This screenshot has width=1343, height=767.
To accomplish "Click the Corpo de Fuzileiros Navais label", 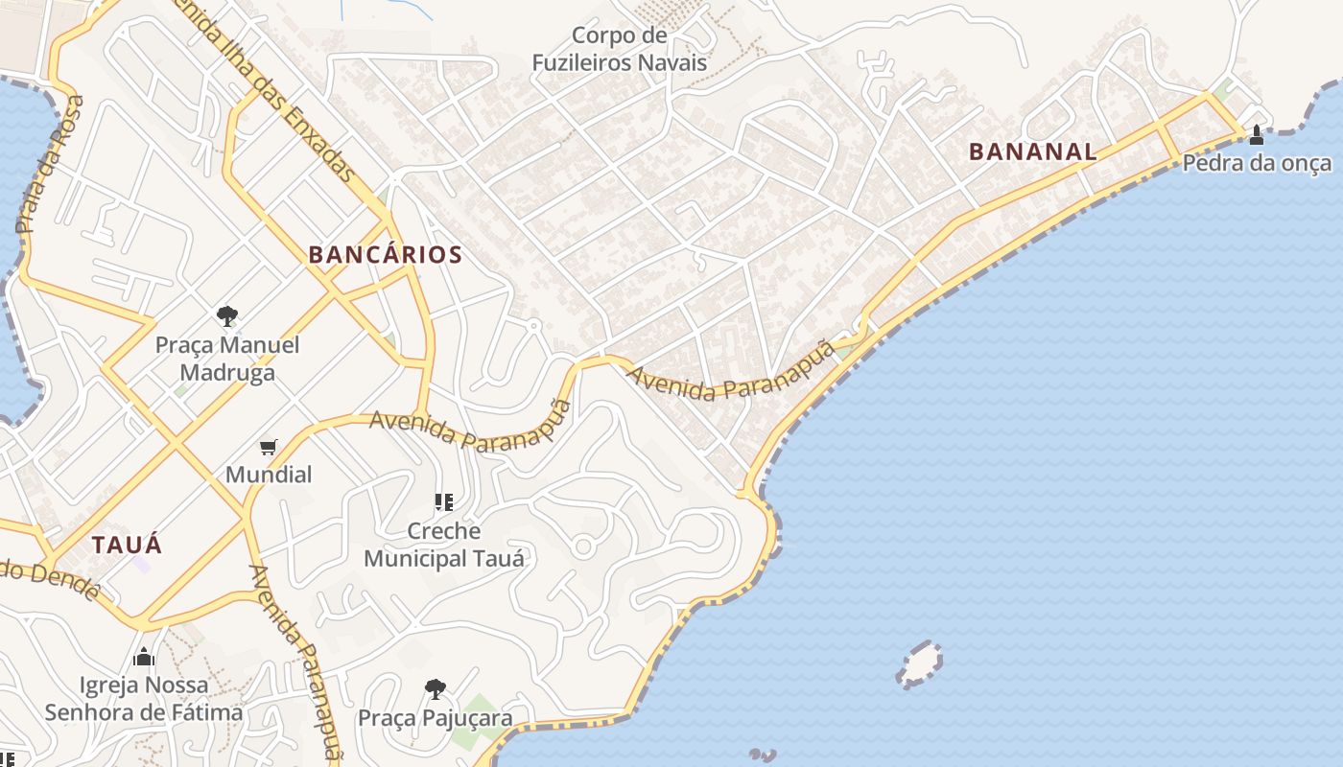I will tap(620, 50).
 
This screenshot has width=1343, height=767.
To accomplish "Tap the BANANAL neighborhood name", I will tap(1032, 151).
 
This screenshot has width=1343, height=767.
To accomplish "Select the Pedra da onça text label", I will tap(1257, 163).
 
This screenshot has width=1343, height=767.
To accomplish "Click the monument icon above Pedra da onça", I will tap(1257, 134).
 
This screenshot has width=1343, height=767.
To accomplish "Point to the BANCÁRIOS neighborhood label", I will tap(385, 255).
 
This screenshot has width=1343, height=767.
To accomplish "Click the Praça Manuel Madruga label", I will tap(227, 359).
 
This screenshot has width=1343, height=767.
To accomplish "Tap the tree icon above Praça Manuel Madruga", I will tap(227, 315).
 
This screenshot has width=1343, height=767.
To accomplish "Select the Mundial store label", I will tap(269, 475).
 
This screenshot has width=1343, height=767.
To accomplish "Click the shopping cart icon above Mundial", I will tap(269, 447).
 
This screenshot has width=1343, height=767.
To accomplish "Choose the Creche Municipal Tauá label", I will tap(443, 545).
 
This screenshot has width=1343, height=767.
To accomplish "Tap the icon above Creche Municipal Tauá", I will tap(443, 501).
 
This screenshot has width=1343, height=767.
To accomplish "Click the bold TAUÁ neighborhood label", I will tap(127, 546).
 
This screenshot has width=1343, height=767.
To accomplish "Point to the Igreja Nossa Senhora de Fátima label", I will tap(144, 699).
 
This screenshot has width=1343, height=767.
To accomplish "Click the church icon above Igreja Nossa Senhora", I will tap(144, 657).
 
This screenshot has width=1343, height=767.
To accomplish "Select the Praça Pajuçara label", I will tap(435, 718).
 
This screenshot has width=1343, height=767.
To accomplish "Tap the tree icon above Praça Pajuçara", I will tap(436, 688).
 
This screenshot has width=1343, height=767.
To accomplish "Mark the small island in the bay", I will tap(919, 664).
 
